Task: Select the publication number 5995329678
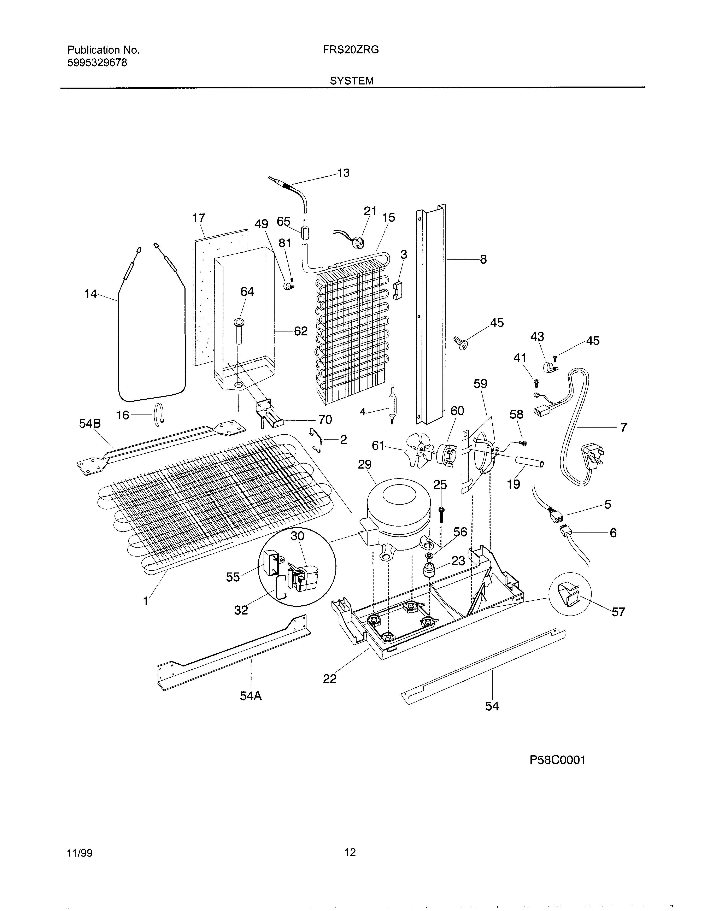coord(97,63)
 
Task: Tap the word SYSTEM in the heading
coord(352,81)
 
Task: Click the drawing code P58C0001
coord(558,760)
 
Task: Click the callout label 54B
coord(90,424)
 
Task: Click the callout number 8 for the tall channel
coord(483,259)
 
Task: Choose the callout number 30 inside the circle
coord(297,536)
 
